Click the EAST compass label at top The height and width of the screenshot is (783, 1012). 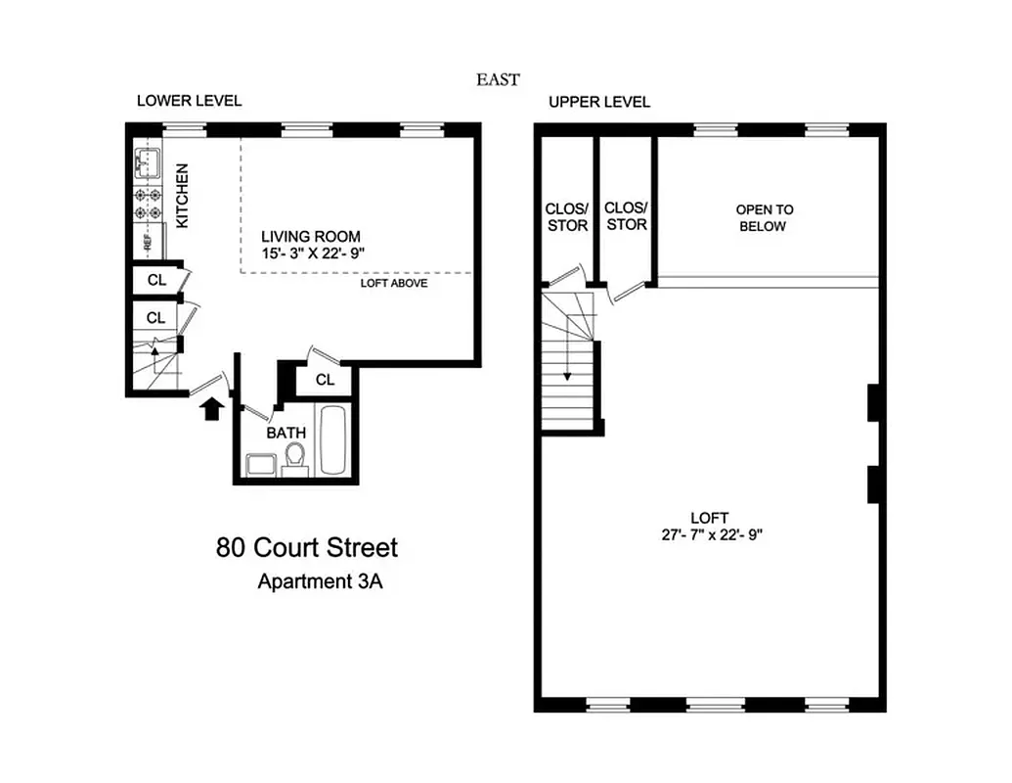point(498,80)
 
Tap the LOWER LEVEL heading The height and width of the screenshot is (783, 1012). point(189,101)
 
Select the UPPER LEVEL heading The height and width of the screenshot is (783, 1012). point(598,102)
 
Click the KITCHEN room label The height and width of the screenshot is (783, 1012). point(183,196)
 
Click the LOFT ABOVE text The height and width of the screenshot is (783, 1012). point(395,284)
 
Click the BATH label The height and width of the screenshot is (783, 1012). point(286,433)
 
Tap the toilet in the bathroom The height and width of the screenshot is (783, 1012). point(295,457)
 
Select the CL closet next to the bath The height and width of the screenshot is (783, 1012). point(326,380)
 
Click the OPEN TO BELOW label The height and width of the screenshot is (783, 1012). point(765,217)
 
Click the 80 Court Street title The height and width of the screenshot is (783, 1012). point(306,547)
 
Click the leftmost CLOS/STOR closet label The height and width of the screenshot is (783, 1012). point(567,217)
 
